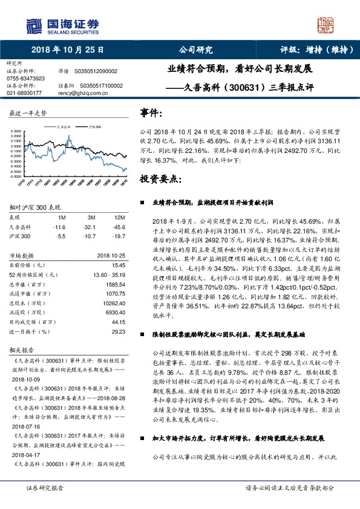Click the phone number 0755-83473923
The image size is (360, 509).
[x=25, y=79]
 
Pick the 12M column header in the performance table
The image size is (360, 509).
[x=120, y=217]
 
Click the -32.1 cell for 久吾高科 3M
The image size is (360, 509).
[x=91, y=227]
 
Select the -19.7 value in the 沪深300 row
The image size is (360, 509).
[x=120, y=236]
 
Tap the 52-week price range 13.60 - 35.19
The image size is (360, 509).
[x=108, y=274]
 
